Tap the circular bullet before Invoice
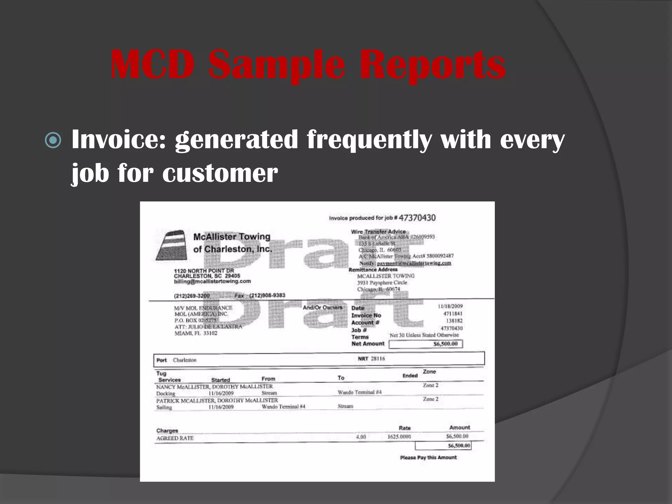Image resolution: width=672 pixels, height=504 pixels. (53, 140)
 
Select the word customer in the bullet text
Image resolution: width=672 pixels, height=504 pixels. (220, 173)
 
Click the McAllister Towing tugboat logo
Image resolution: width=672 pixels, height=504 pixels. (170, 245)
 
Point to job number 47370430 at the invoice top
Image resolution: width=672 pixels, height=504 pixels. (417, 218)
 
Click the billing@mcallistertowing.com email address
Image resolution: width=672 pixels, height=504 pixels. (212, 282)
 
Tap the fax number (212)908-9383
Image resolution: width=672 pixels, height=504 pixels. (267, 295)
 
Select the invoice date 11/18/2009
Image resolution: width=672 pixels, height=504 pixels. (450, 306)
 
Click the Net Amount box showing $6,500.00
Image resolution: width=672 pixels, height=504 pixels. (426, 344)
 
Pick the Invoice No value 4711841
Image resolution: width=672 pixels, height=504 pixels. (453, 314)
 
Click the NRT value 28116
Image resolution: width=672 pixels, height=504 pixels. (378, 359)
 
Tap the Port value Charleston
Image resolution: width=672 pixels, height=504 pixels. (184, 360)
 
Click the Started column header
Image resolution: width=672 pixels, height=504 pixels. (220, 380)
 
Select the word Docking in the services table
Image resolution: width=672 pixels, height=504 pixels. (166, 393)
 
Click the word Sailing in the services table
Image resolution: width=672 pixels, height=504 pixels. (164, 408)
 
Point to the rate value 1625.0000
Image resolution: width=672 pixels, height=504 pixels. (399, 437)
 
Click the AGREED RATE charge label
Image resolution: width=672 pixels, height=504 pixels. (175, 438)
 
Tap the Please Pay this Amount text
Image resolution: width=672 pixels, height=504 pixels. (428, 457)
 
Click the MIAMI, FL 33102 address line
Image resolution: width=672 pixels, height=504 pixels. (196, 333)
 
